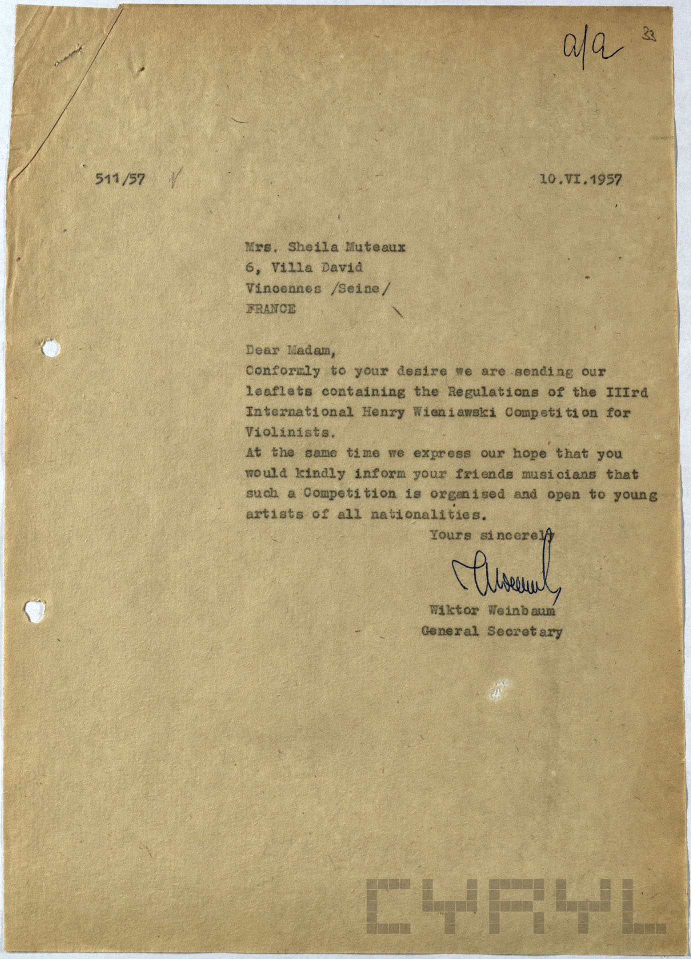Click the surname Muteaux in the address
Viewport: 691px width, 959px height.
pos(371,247)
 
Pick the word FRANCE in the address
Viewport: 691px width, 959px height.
pos(270,309)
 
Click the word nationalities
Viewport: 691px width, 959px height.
pos(428,514)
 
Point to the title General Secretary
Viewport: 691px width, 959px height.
pos(492,631)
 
